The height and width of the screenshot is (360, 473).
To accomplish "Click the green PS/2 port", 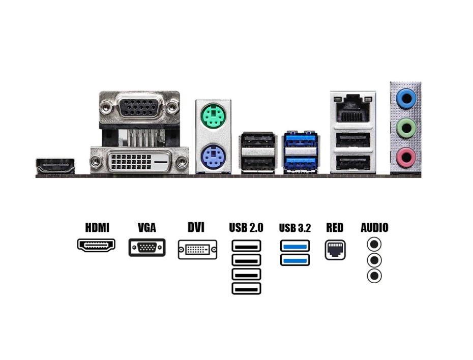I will click(x=213, y=116).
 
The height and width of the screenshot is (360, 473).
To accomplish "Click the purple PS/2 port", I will click(x=213, y=155).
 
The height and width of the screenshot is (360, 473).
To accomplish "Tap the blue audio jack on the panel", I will click(x=405, y=98).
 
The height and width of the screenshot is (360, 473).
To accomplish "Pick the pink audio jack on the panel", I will click(x=405, y=157).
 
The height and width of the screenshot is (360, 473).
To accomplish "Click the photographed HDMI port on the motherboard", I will click(x=55, y=166).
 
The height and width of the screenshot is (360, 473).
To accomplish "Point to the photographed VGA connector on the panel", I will click(x=138, y=107).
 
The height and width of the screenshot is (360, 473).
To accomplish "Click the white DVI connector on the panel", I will click(x=138, y=162).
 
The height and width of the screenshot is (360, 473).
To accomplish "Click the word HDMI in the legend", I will click(x=97, y=227).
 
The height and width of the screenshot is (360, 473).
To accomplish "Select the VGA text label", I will click(x=146, y=227).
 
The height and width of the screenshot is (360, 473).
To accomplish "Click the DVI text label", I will click(x=196, y=227).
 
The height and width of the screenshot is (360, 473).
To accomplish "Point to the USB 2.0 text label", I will click(x=246, y=227).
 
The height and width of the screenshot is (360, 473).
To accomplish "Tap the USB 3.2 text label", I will click(x=295, y=228).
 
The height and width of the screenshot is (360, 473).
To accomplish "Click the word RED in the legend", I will click(x=335, y=227).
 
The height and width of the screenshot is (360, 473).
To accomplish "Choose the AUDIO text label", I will click(x=374, y=227).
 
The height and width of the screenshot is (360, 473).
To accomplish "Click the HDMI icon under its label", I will click(x=96, y=245).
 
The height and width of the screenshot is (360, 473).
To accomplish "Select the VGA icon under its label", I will click(x=147, y=247).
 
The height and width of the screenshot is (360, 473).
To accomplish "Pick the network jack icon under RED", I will click(x=335, y=250).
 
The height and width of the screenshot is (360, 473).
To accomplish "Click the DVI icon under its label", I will click(x=197, y=250).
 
